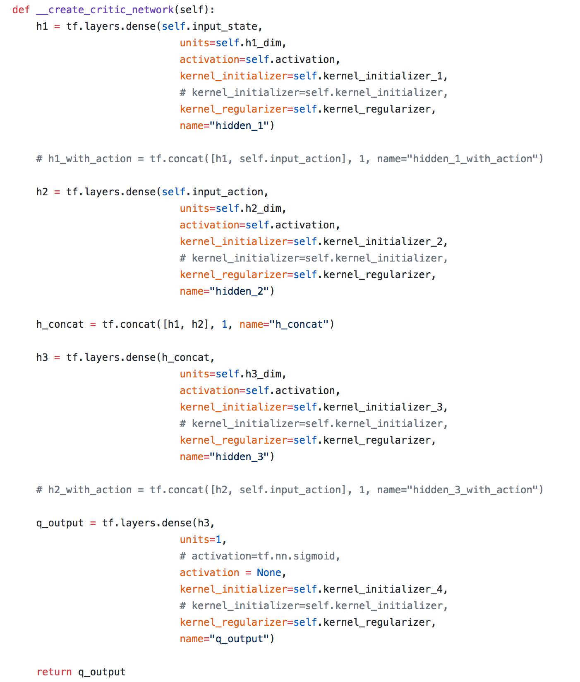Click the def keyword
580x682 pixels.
click(21, 10)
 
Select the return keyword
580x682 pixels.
click(54, 672)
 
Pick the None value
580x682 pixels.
click(269, 573)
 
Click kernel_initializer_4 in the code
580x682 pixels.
click(383, 589)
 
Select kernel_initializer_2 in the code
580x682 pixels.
click(383, 242)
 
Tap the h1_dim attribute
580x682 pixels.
click(263, 43)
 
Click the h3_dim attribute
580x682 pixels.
click(263, 374)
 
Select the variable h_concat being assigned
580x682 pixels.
click(60, 324)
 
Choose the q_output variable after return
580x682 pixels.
click(102, 672)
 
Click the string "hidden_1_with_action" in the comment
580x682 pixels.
click(472, 159)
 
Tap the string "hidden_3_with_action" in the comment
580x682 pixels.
click(472, 490)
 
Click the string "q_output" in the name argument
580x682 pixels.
click(240, 639)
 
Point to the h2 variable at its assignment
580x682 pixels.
click(42, 192)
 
